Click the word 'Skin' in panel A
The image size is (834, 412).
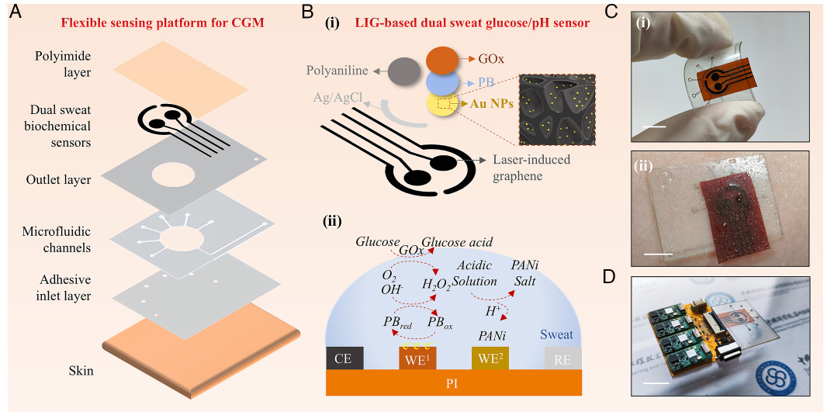click(79, 371)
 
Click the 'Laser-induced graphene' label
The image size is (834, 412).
click(533, 168)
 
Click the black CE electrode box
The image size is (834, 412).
click(344, 358)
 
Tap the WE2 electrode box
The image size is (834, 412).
click(490, 358)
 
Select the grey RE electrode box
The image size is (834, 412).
click(562, 358)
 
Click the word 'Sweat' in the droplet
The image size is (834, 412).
click(555, 334)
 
